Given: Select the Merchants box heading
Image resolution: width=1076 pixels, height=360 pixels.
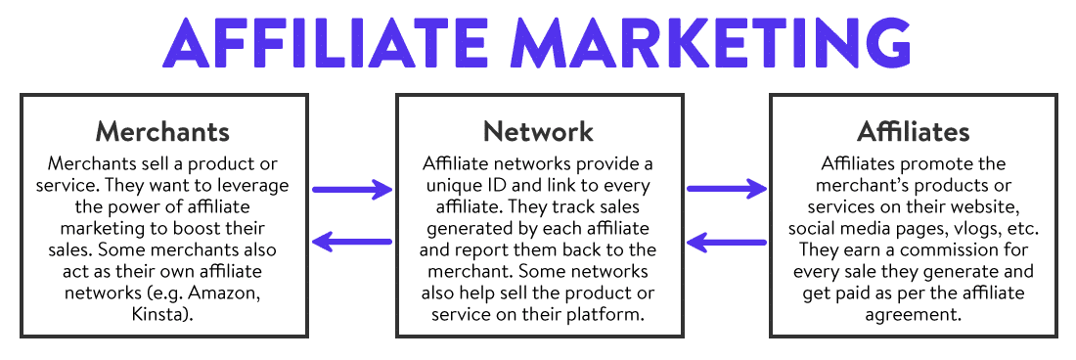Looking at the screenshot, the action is pos(162,131).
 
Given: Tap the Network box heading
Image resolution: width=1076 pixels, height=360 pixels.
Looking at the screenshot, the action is pos(538,131).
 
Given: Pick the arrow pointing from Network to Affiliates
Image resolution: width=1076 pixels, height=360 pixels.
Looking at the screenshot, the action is pos(726,188).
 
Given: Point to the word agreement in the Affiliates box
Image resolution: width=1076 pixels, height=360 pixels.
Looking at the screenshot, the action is pos(913,313).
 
